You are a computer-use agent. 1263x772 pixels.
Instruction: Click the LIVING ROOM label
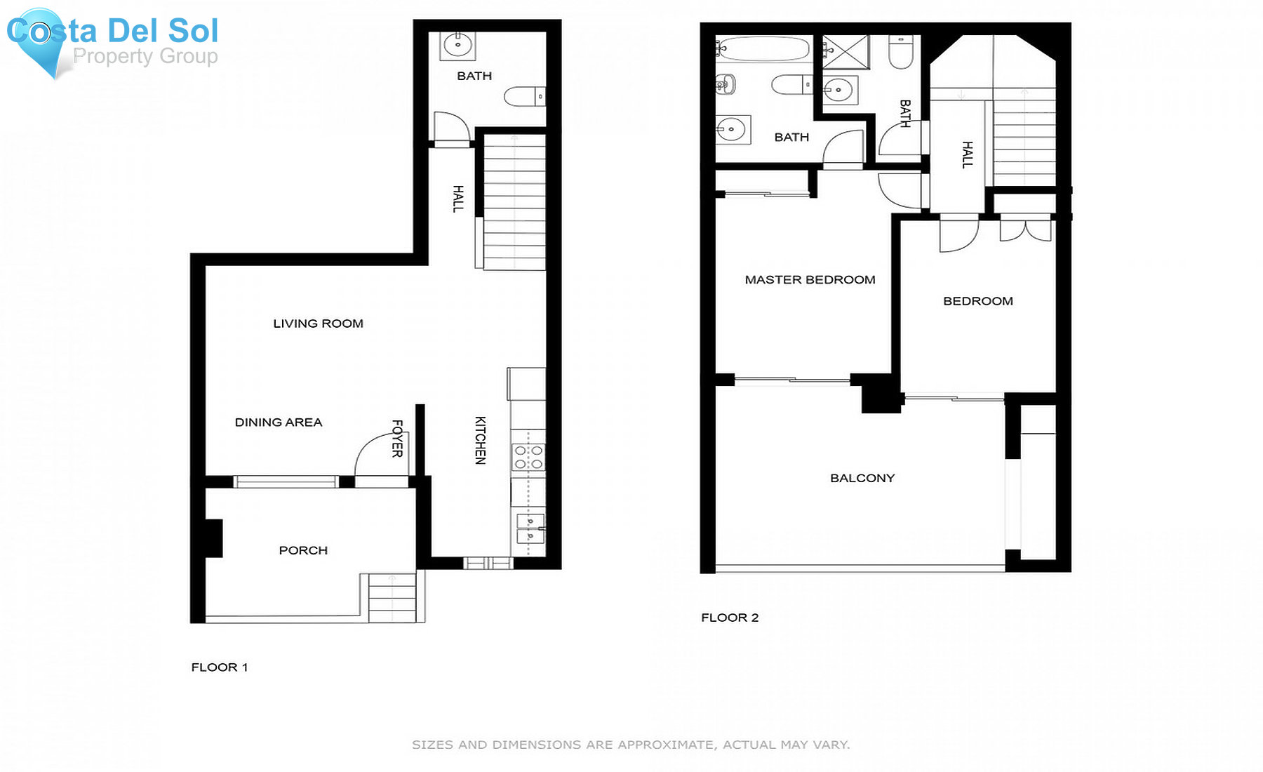coord(318,324)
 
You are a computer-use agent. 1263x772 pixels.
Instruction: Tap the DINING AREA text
coord(279,422)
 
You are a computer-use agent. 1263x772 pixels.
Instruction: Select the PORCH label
coord(303,550)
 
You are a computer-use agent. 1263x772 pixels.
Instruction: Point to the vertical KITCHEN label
coord(481,440)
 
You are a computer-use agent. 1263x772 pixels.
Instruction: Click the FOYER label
coord(397,439)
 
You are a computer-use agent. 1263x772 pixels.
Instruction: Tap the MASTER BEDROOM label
coord(810,280)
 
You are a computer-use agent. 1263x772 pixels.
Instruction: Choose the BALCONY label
coord(862,479)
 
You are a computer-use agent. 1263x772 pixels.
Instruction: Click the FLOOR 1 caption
coord(220,667)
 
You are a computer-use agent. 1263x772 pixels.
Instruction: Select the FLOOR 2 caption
coord(730,618)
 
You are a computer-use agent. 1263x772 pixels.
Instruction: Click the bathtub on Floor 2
coord(763,49)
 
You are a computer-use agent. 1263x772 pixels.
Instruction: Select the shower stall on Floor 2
coord(846,53)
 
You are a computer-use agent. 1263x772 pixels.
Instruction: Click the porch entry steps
coord(392,597)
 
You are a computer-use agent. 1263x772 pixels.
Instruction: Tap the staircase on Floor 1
coord(514,203)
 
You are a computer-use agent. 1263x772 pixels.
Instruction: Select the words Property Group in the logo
coord(145,56)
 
